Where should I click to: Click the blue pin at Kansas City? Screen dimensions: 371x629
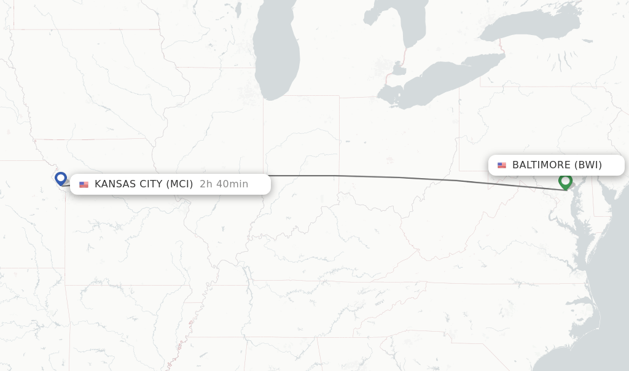click(x=60, y=178)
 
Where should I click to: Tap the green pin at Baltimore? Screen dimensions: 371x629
click(x=565, y=181)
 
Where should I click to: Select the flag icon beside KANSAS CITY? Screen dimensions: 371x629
click(x=84, y=184)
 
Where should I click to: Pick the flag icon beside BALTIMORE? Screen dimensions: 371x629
click(x=502, y=165)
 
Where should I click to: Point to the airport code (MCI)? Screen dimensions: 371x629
click(x=179, y=184)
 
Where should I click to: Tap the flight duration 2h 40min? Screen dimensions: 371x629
click(x=224, y=184)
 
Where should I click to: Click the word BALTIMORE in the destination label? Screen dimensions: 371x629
click(x=541, y=165)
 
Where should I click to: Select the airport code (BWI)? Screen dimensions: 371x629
click(x=588, y=165)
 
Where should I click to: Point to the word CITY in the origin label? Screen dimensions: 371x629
click(x=150, y=184)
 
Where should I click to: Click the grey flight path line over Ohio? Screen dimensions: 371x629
click(x=369, y=177)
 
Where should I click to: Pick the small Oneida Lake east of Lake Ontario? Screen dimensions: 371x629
click(x=588, y=41)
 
